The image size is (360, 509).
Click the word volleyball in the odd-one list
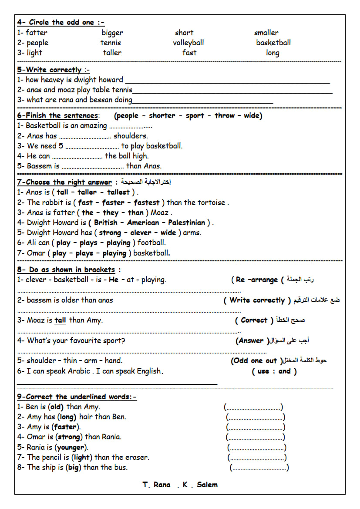tap(188, 43)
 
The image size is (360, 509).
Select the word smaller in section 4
tap(266, 33)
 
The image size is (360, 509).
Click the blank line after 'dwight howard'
tap(226, 81)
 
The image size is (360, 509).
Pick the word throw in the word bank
tap(224, 115)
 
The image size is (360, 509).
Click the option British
tap(106, 222)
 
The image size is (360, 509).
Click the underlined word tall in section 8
tap(60, 320)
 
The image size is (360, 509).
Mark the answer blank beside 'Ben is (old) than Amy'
tap(253, 408)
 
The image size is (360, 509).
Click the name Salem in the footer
tap(207, 485)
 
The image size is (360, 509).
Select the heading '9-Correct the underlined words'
tap(77, 397)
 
